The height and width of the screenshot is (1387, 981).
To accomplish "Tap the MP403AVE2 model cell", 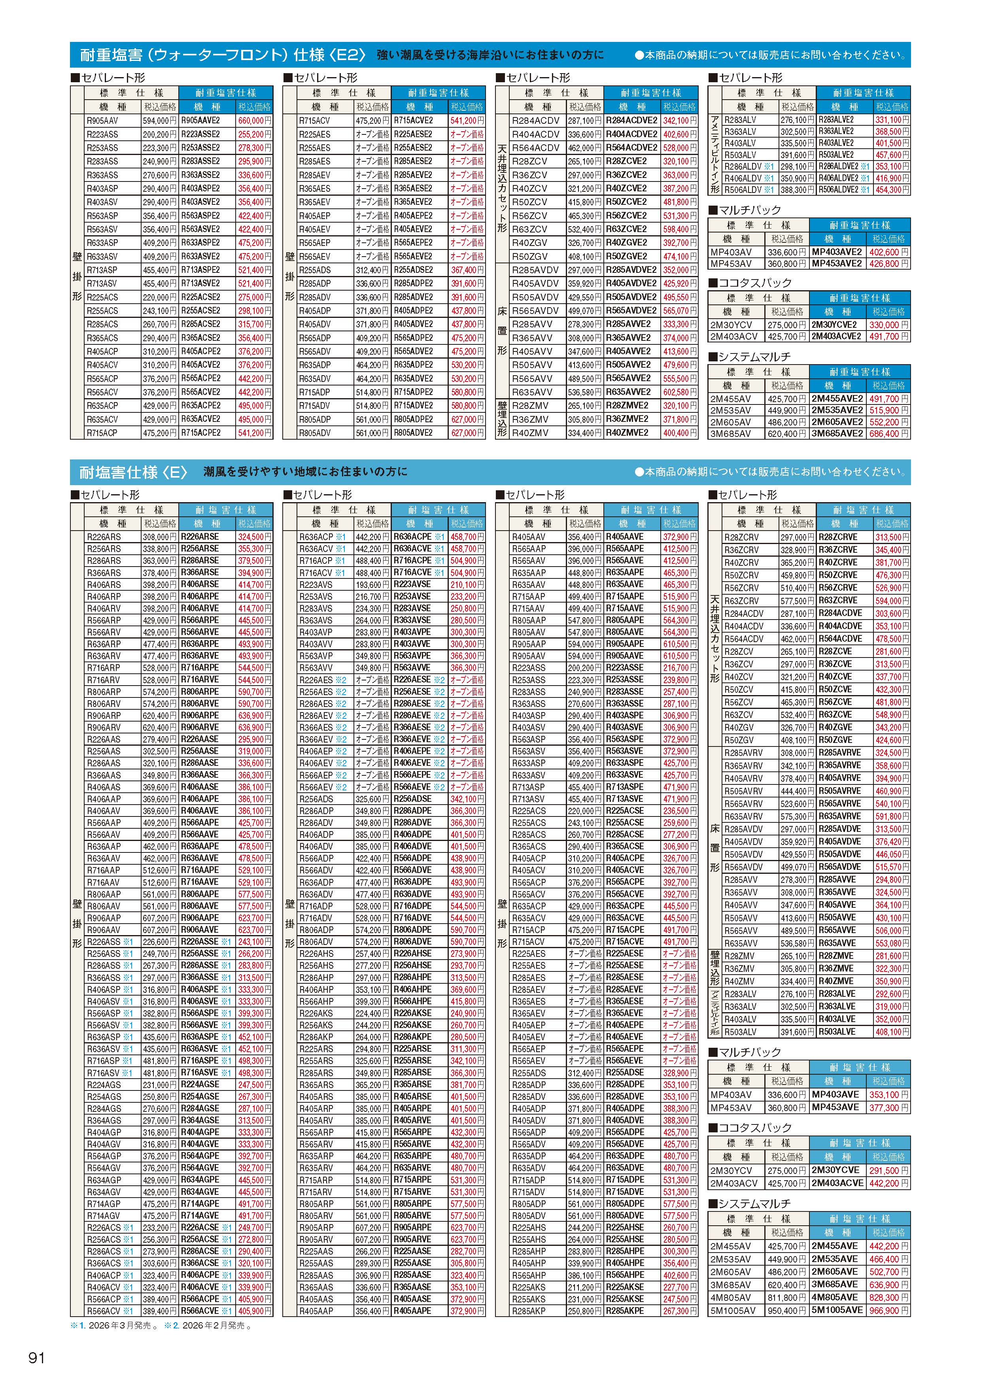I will pos(837,252).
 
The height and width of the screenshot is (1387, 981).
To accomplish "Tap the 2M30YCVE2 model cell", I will pos(837,324).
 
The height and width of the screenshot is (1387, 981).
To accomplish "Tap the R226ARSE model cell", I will pos(200,537).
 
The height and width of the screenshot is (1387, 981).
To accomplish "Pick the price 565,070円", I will pos(680,310).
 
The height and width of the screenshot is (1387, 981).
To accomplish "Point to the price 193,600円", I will pos(372,585).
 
